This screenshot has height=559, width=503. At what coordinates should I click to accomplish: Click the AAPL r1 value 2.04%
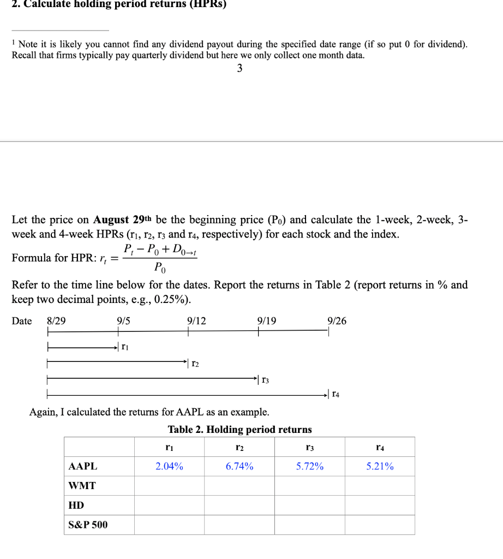(169, 467)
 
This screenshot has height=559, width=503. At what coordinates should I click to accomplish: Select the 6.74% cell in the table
(239, 467)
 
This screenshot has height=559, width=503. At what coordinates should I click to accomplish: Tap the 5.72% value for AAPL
(310, 467)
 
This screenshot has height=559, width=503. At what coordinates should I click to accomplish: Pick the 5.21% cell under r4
(380, 467)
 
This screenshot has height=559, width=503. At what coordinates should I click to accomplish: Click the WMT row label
(82, 486)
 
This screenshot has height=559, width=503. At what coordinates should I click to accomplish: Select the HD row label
(76, 506)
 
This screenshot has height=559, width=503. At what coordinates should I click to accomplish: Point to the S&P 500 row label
(88, 525)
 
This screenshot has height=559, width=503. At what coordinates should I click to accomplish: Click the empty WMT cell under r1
(169, 486)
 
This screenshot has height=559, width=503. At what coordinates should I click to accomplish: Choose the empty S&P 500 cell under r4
(380, 525)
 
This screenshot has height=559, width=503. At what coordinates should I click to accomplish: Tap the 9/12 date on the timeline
(196, 321)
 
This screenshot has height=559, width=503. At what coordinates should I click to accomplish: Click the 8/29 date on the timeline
(57, 321)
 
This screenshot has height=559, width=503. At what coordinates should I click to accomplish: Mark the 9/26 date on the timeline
(337, 321)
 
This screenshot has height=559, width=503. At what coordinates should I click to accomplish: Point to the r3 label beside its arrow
(265, 378)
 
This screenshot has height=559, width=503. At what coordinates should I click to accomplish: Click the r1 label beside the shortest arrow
(125, 347)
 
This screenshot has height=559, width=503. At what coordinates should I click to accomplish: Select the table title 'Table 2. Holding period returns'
(239, 430)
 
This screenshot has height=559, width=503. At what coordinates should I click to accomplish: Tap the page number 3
(239, 69)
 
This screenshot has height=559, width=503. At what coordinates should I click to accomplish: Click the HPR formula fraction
(160, 258)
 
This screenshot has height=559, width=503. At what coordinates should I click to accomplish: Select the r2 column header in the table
(239, 448)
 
